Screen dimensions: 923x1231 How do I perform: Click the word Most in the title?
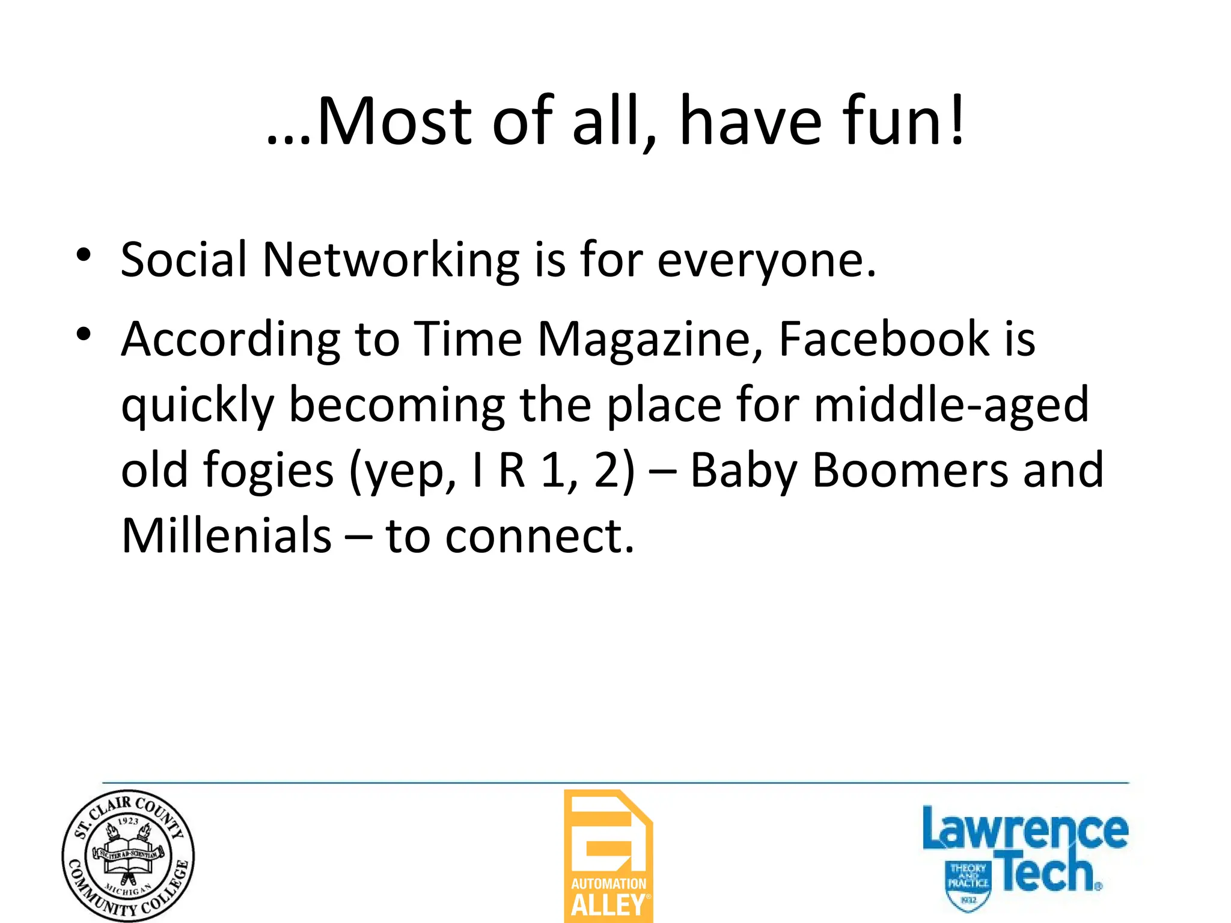[x=394, y=122]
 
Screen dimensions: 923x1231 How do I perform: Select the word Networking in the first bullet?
[x=391, y=261]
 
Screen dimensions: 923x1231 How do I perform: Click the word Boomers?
[x=910, y=470]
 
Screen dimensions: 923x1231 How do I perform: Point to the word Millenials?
[x=226, y=535]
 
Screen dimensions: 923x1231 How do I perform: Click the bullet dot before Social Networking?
[x=84, y=255]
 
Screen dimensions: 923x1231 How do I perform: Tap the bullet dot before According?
[x=84, y=334]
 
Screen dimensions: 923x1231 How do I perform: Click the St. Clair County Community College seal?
[x=128, y=856]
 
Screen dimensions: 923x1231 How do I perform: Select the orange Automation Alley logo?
[x=608, y=856]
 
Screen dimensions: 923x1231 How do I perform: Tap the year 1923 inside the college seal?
[x=128, y=821]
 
